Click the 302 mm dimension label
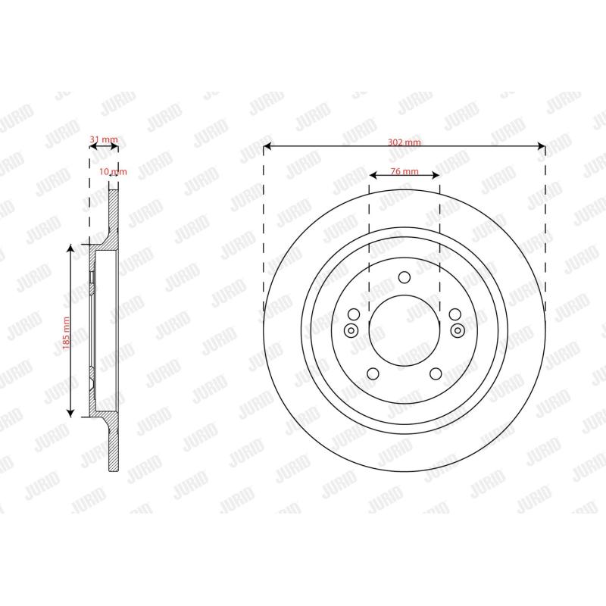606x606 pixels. pos(405,142)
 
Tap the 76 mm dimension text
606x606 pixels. pos(405,171)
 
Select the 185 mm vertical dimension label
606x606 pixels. pos(66,333)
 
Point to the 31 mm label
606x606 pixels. pos(104,139)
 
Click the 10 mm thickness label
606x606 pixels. pos(113,171)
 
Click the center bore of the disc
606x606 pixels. pos(405,330)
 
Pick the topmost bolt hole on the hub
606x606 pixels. pos(405,277)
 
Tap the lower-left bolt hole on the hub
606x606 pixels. pos(373,373)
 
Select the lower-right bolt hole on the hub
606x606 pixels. pos(436,373)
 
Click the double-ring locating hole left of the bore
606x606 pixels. pos(351,330)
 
